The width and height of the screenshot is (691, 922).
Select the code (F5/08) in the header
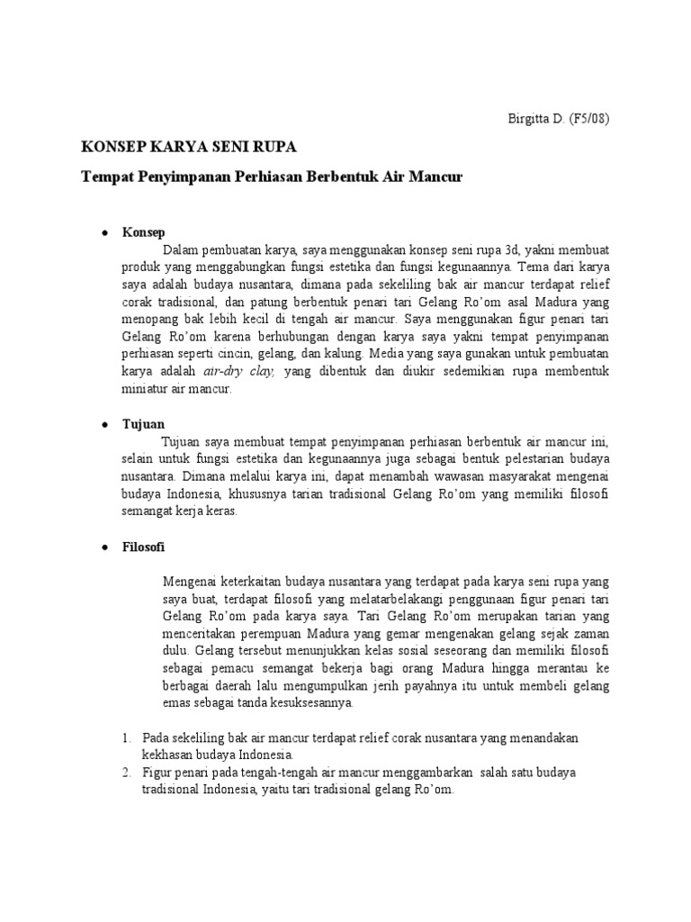point(588,118)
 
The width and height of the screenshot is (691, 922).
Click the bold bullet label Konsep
point(142,232)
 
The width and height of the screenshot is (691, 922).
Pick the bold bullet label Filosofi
point(144,547)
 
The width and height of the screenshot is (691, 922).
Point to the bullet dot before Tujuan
point(104,422)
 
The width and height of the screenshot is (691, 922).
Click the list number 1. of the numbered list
point(126,737)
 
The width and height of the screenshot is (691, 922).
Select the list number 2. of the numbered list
point(126,773)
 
